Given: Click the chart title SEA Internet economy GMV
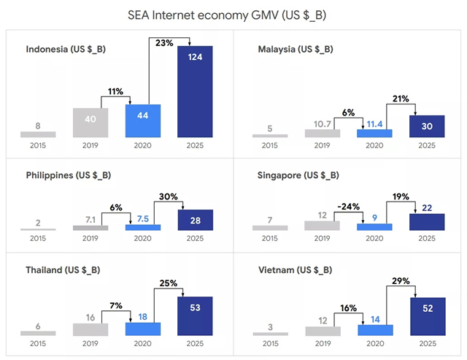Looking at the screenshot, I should point(233,15).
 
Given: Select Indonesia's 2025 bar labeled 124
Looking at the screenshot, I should point(196,91).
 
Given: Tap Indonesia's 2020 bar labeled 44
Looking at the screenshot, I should point(143,120).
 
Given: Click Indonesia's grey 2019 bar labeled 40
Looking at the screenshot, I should point(90,123).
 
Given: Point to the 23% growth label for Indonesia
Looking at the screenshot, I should point(164,42).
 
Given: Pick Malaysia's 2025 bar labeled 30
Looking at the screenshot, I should point(428,126).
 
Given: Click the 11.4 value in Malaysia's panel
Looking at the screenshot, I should point(374,125).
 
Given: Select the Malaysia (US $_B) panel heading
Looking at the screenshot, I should point(296,49).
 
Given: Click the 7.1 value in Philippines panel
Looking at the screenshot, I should point(90,220).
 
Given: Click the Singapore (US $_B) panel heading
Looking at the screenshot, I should point(298,175).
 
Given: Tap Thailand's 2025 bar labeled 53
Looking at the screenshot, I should point(196,316).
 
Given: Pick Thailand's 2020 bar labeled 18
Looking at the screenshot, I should point(143,327).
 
